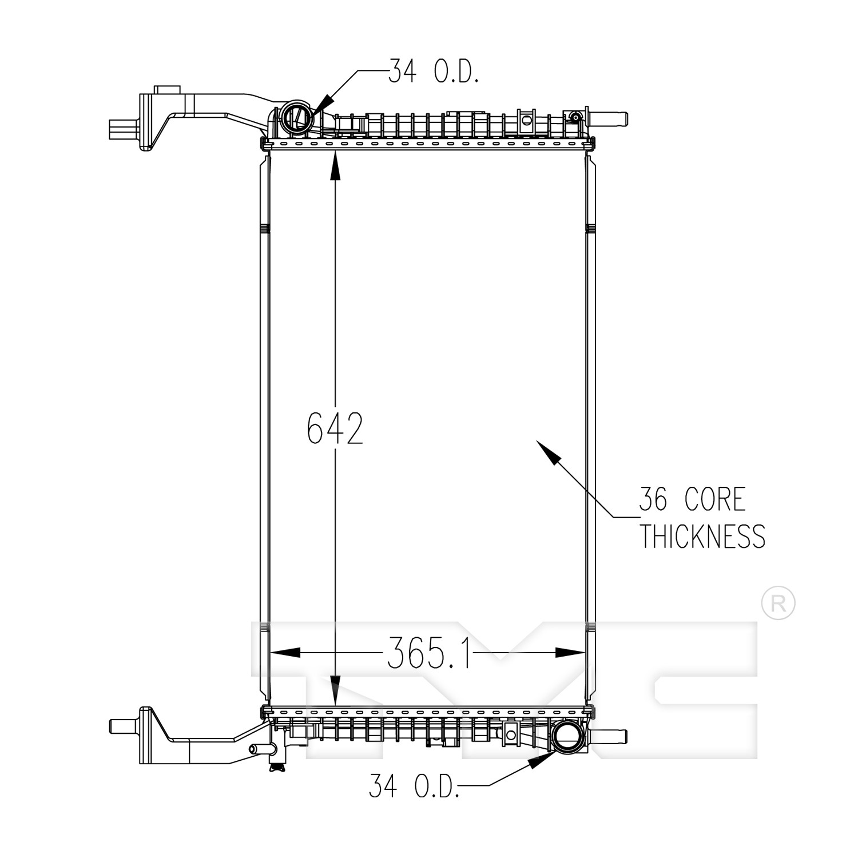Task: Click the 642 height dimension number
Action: tap(335, 428)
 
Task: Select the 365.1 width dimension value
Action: tap(428, 653)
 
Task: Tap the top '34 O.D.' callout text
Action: tap(433, 71)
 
